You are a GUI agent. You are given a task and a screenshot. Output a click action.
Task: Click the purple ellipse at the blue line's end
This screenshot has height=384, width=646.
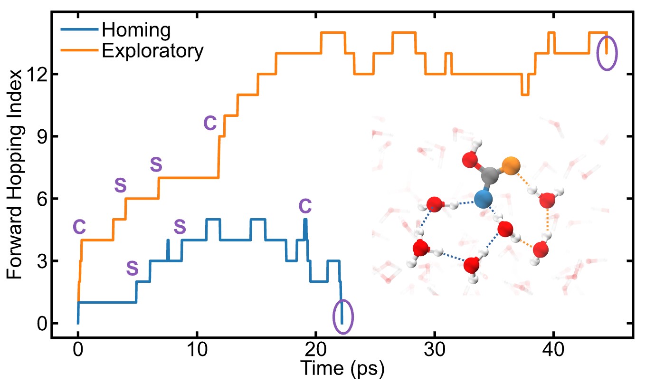(342, 317)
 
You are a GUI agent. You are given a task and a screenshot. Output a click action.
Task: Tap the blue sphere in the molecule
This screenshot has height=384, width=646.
(483, 199)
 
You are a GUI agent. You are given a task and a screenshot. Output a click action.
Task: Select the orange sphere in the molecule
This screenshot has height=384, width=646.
(511, 166)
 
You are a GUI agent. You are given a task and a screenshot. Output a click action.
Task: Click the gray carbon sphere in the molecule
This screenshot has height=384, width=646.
(489, 176)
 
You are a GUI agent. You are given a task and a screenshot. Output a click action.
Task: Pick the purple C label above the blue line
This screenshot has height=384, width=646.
(305, 206)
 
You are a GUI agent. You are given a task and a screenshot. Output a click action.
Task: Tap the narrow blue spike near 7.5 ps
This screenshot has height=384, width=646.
(168, 249)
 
